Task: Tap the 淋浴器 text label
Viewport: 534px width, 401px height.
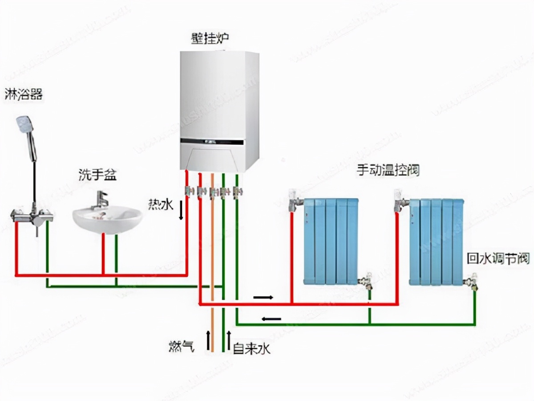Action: [x=24, y=94]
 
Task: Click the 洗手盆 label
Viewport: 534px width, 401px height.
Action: [x=97, y=174]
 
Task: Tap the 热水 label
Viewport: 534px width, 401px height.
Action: [x=160, y=205]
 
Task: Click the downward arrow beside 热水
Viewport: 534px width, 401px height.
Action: [x=181, y=210]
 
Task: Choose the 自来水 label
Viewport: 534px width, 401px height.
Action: [x=251, y=348]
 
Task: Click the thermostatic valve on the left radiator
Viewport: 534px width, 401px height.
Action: [x=294, y=200]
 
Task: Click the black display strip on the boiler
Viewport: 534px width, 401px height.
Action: [x=212, y=142]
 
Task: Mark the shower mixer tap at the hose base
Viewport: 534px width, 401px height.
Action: [x=32, y=216]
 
